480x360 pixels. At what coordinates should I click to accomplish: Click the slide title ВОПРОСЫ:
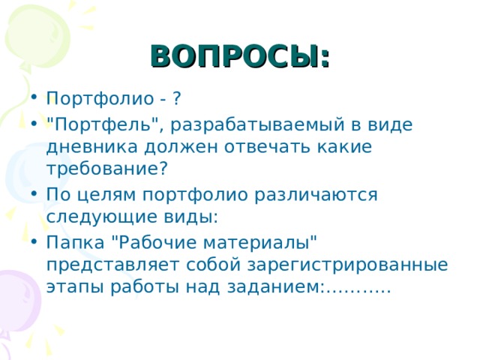240,56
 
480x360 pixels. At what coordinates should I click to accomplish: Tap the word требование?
107,169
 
